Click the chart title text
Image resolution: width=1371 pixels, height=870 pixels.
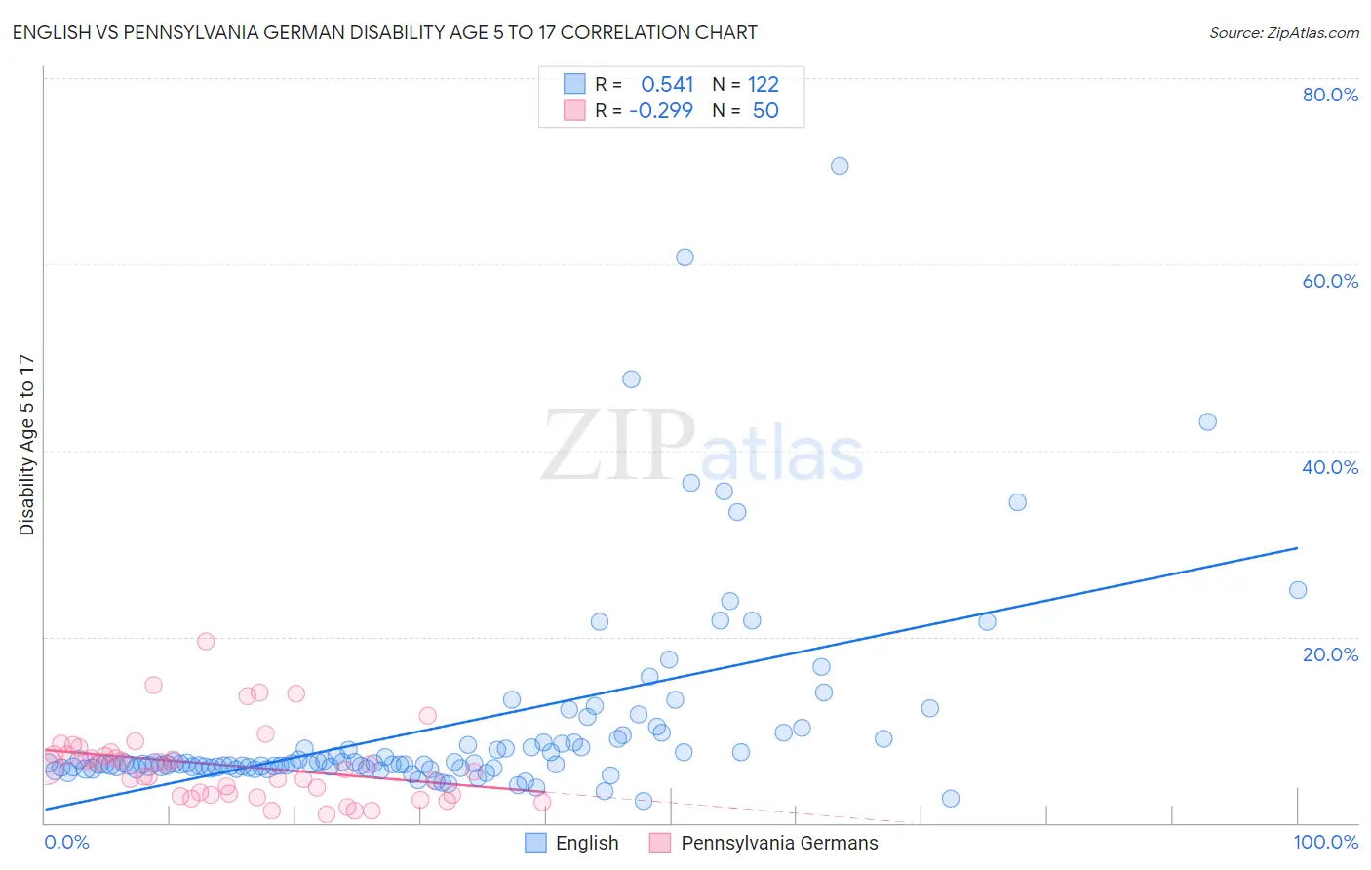pos(384,33)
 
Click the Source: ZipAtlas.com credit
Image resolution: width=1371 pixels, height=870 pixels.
pos(1283,33)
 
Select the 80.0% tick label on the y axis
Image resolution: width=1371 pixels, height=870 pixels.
pos(1330,95)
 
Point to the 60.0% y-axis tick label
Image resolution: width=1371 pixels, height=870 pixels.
pos(1330,281)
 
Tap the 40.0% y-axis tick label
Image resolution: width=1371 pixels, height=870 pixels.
pos(1330,467)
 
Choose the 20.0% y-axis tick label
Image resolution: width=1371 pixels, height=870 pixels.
pos(1330,653)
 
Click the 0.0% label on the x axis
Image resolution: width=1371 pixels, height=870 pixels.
pos(66,842)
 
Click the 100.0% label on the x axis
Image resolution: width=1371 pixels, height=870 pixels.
pos(1325,842)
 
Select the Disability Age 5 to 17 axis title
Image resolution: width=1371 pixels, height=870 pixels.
pos(26,445)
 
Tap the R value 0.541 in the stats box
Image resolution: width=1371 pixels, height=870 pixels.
pos(667,85)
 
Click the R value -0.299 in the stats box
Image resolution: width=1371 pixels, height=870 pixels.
pos(661,110)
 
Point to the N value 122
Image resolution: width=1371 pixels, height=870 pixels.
pos(764,85)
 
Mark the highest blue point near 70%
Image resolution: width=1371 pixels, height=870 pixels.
pos(840,166)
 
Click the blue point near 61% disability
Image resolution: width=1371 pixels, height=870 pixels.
pos(685,257)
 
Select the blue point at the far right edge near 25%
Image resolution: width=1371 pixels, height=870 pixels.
pos(1298,590)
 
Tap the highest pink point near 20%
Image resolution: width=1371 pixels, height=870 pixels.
pos(206,641)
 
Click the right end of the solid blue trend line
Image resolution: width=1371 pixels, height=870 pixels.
pos(1297,548)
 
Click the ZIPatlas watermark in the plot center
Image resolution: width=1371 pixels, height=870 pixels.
pos(702,447)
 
